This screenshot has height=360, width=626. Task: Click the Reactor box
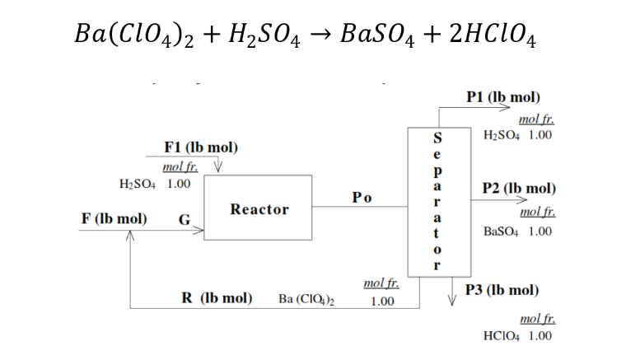pyautogui.click(x=258, y=208)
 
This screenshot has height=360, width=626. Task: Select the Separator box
pyautogui.click(x=438, y=201)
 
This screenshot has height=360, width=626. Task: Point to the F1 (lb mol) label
pyautogui.click(x=201, y=147)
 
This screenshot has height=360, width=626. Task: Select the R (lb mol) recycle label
pyautogui.click(x=216, y=297)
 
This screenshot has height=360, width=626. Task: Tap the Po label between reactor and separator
pyautogui.click(x=361, y=198)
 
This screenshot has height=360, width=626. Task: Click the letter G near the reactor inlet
pyautogui.click(x=185, y=220)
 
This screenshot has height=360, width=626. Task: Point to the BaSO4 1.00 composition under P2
pyautogui.click(x=517, y=231)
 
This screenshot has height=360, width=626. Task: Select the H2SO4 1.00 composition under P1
pyautogui.click(x=517, y=134)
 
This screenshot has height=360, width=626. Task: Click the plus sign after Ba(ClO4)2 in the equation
pyautogui.click(x=218, y=35)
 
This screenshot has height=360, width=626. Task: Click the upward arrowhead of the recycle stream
pyautogui.click(x=129, y=237)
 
